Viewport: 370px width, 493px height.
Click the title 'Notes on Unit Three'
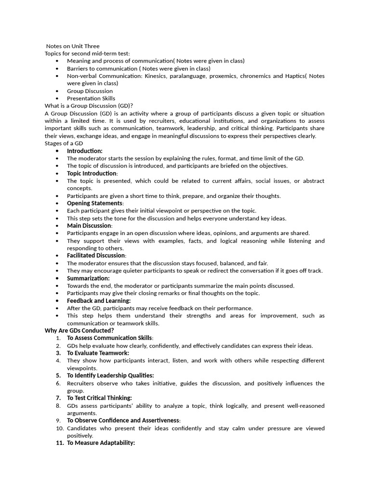pyautogui.click(x=73, y=46)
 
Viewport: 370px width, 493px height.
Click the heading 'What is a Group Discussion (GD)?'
pyautogui.click(x=89, y=106)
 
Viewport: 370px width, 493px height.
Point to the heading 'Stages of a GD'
pyautogui.click(x=64, y=143)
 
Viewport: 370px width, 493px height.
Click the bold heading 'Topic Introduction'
pyautogui.click(x=92, y=173)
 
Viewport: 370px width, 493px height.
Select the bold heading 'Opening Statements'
pyautogui.click(x=94, y=203)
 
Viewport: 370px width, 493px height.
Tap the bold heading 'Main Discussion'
pyautogui.click(x=89, y=226)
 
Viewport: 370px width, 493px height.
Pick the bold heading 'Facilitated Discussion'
pyautogui.click(x=96, y=256)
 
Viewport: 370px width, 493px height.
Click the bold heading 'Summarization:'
pyautogui.click(x=88, y=278)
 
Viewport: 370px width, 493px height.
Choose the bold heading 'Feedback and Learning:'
pyautogui.click(x=99, y=301)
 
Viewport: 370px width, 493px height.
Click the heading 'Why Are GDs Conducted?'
pyautogui.click(x=79, y=331)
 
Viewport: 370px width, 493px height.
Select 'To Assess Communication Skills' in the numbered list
pyautogui.click(x=110, y=338)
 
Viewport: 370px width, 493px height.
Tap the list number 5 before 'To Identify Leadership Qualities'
pyautogui.click(x=58, y=376)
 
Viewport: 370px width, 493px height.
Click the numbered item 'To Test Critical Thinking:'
pyautogui.click(x=99, y=398)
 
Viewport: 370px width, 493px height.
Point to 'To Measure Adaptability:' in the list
pyautogui.click(x=101, y=443)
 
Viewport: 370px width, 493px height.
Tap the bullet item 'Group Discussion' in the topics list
pyautogui.click(x=90, y=91)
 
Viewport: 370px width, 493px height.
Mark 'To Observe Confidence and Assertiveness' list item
pyautogui.click(x=123, y=420)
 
